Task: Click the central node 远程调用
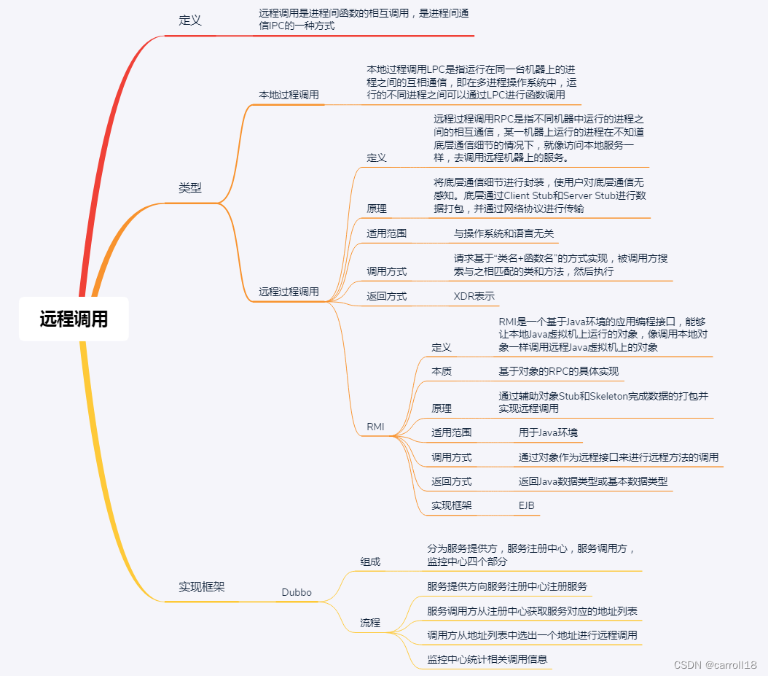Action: tap(74, 319)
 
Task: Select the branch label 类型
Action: tap(189, 187)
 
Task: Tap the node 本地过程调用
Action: tap(289, 95)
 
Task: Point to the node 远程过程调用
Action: tap(289, 291)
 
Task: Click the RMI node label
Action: tap(375, 427)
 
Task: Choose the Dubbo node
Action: tap(297, 592)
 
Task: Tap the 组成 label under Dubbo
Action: tap(370, 562)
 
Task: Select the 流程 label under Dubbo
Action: tap(370, 623)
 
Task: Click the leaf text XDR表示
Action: tap(474, 296)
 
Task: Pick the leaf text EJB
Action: tap(526, 505)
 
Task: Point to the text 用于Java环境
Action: tap(548, 432)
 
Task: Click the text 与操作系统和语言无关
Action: tap(503, 233)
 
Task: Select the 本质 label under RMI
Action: tap(442, 371)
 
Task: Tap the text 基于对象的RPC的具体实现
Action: tap(558, 371)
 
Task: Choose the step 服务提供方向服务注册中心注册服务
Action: tap(507, 586)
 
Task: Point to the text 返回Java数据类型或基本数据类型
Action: tap(592, 481)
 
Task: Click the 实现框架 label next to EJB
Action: tap(451, 505)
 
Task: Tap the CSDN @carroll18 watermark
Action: tap(715, 664)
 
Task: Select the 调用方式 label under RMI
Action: tap(451, 457)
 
